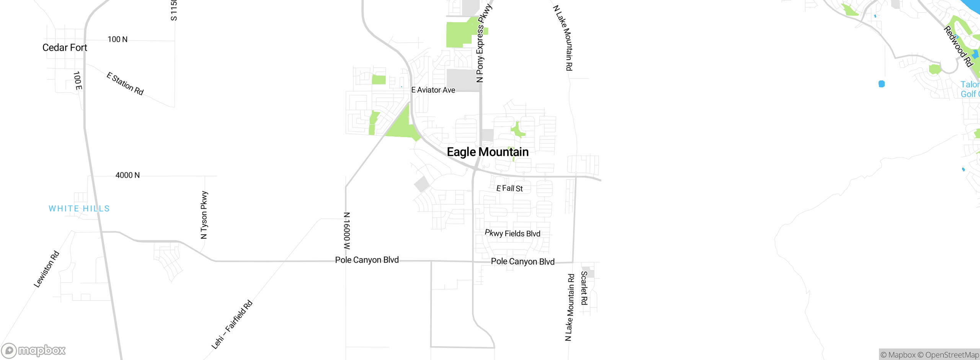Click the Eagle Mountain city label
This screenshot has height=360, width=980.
[x=488, y=152]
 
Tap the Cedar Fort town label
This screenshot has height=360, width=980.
[x=65, y=47]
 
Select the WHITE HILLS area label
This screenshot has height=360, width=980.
[x=79, y=209]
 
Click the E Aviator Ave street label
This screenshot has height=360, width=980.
[x=433, y=90]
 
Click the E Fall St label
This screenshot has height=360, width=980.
[x=510, y=188]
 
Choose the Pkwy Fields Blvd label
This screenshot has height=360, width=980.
[x=513, y=233]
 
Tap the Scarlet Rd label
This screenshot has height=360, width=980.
[x=584, y=288]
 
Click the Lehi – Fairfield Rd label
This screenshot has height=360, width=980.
[x=232, y=325]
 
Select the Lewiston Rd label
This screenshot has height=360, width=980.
[x=46, y=269]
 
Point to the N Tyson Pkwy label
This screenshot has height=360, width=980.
[x=204, y=215]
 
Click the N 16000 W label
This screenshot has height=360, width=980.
[x=347, y=231]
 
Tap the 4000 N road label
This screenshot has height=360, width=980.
[x=127, y=175]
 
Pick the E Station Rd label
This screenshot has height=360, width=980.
[x=125, y=83]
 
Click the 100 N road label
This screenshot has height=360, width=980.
[x=118, y=39]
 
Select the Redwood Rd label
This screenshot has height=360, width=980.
[x=958, y=46]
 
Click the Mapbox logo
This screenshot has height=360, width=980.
[x=33, y=350]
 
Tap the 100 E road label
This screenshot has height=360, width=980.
[x=77, y=81]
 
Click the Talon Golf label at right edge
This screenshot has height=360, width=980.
[x=970, y=89]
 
